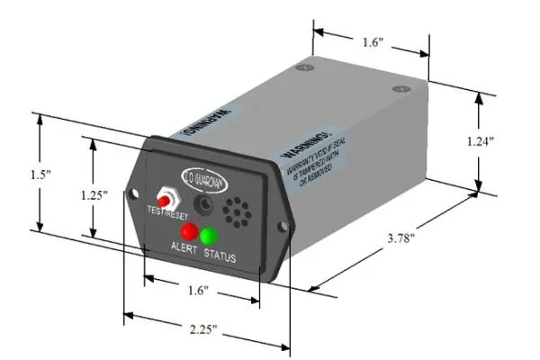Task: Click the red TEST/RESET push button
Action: coord(166,195)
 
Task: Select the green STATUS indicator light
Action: coord(210,236)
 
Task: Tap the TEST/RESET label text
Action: coord(167,213)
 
